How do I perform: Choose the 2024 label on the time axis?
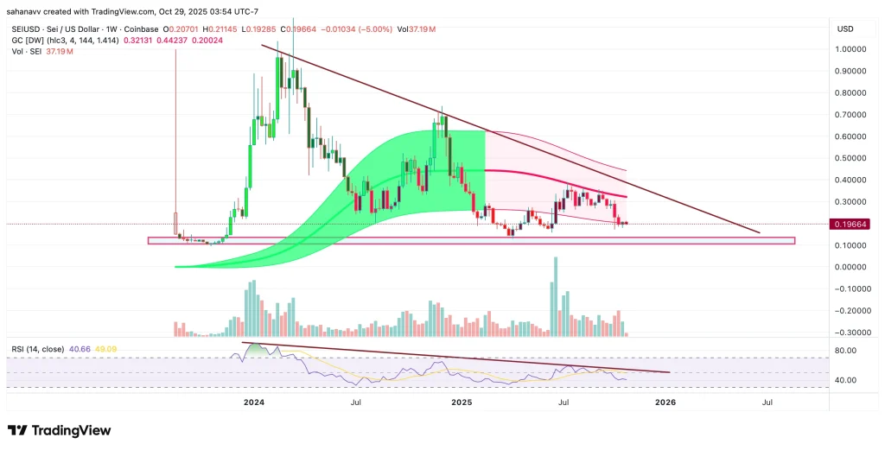(254, 402)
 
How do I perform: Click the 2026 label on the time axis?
(665, 402)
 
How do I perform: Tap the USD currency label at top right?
(845, 29)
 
